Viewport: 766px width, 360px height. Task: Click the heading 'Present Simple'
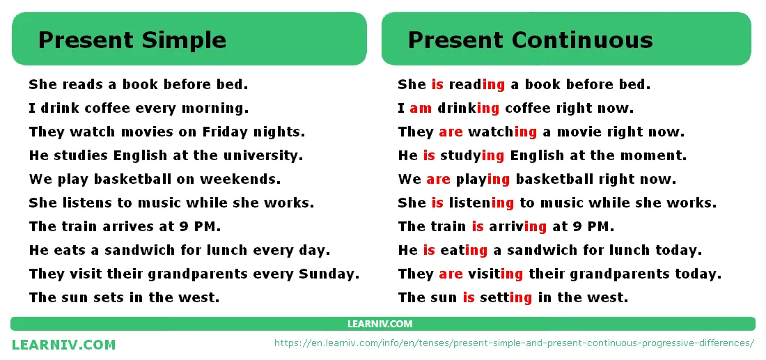(x=132, y=40)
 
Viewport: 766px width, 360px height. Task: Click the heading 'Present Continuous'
(x=530, y=40)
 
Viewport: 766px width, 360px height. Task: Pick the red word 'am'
(x=421, y=109)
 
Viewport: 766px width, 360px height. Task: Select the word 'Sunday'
(x=328, y=274)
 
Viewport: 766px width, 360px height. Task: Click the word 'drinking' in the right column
(x=468, y=109)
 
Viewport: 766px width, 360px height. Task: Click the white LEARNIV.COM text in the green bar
(x=380, y=324)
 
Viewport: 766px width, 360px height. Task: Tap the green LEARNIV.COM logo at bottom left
(x=64, y=345)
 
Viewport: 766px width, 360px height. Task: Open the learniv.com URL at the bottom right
(x=515, y=343)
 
